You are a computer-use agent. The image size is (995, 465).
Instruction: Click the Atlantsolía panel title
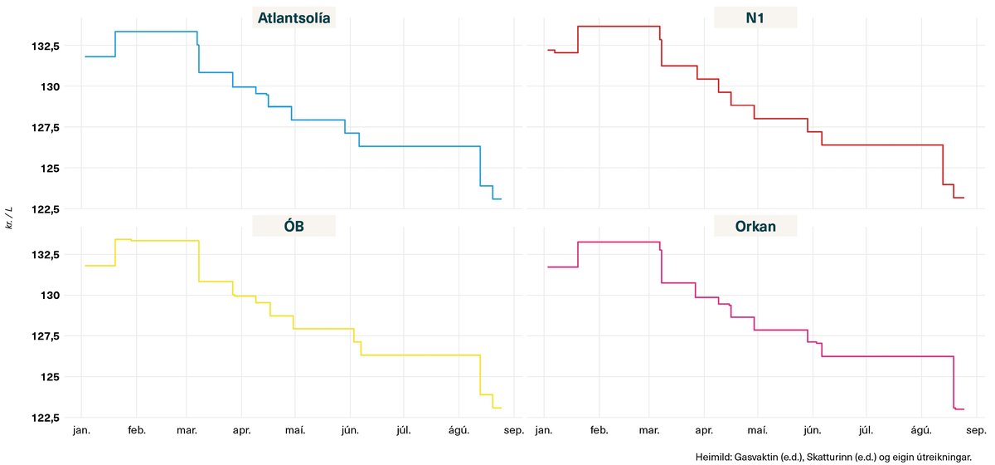294,18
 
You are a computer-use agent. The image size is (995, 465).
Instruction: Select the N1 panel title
755,18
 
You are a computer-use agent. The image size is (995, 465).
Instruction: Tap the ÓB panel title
294,227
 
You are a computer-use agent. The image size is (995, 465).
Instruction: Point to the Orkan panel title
755,227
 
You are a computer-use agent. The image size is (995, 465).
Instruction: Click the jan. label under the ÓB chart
82,432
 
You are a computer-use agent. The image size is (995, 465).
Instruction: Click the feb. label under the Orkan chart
599,432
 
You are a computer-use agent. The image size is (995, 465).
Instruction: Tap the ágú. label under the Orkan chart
920,432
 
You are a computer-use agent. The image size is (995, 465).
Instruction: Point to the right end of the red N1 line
963,198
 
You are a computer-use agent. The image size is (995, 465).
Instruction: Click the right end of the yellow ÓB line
502,408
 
